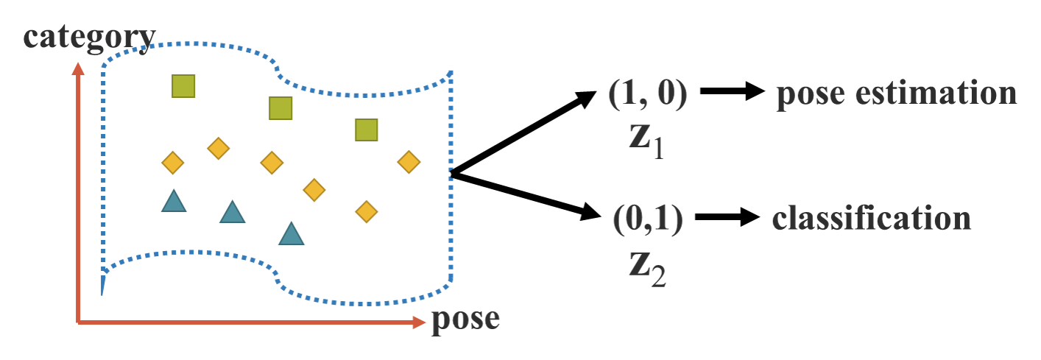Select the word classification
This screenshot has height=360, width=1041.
point(871,219)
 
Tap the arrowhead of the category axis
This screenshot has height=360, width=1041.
point(77,68)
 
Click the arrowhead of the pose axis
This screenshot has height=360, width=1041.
point(420,322)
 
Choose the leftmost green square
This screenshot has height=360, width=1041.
point(183,86)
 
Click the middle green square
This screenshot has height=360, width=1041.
point(280,108)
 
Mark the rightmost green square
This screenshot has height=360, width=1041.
point(366,130)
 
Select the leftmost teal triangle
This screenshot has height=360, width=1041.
point(174,201)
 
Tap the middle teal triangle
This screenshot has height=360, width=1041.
point(233,212)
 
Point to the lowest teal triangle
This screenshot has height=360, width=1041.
point(292,234)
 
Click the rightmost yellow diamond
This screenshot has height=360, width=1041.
point(409,162)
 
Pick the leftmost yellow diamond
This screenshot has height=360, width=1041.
point(172,162)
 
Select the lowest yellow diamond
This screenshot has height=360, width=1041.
point(366,212)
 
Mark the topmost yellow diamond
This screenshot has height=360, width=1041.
point(219,148)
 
